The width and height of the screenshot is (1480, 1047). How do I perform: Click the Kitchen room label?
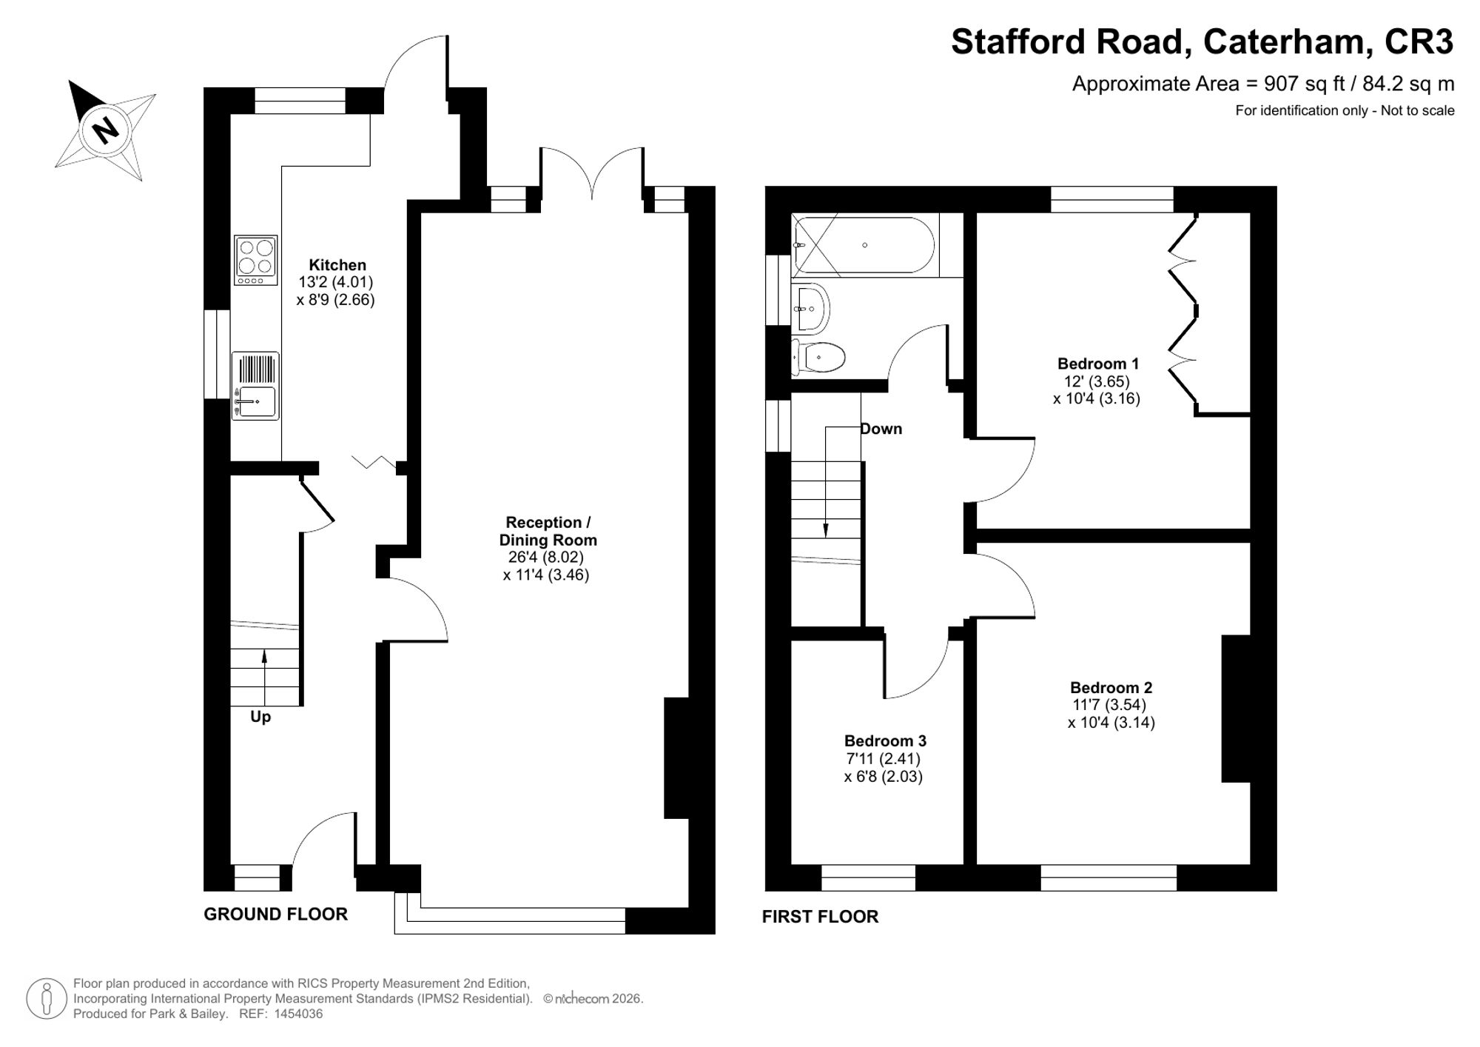tap(337, 265)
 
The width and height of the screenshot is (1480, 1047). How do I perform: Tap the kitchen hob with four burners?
tap(256, 260)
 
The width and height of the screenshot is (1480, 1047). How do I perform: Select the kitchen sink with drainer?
tap(255, 386)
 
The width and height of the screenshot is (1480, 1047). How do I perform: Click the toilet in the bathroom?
tap(818, 358)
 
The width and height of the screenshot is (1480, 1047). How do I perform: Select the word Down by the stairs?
tap(881, 429)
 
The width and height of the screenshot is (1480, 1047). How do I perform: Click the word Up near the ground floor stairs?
tap(260, 717)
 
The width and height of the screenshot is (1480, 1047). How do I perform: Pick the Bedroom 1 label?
tap(1098, 364)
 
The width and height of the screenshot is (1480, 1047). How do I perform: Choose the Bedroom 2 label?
tap(1111, 688)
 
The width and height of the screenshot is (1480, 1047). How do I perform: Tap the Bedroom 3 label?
tap(885, 741)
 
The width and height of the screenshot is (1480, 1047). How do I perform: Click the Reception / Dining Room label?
tap(548, 531)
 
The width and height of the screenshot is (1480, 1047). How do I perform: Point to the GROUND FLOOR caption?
tap(276, 914)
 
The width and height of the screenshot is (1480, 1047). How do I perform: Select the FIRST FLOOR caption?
tap(821, 917)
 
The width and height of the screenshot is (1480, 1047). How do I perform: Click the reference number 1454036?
tap(298, 1014)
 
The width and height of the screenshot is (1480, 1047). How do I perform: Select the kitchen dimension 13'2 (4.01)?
tap(336, 282)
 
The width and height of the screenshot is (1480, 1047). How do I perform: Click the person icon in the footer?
tap(47, 998)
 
